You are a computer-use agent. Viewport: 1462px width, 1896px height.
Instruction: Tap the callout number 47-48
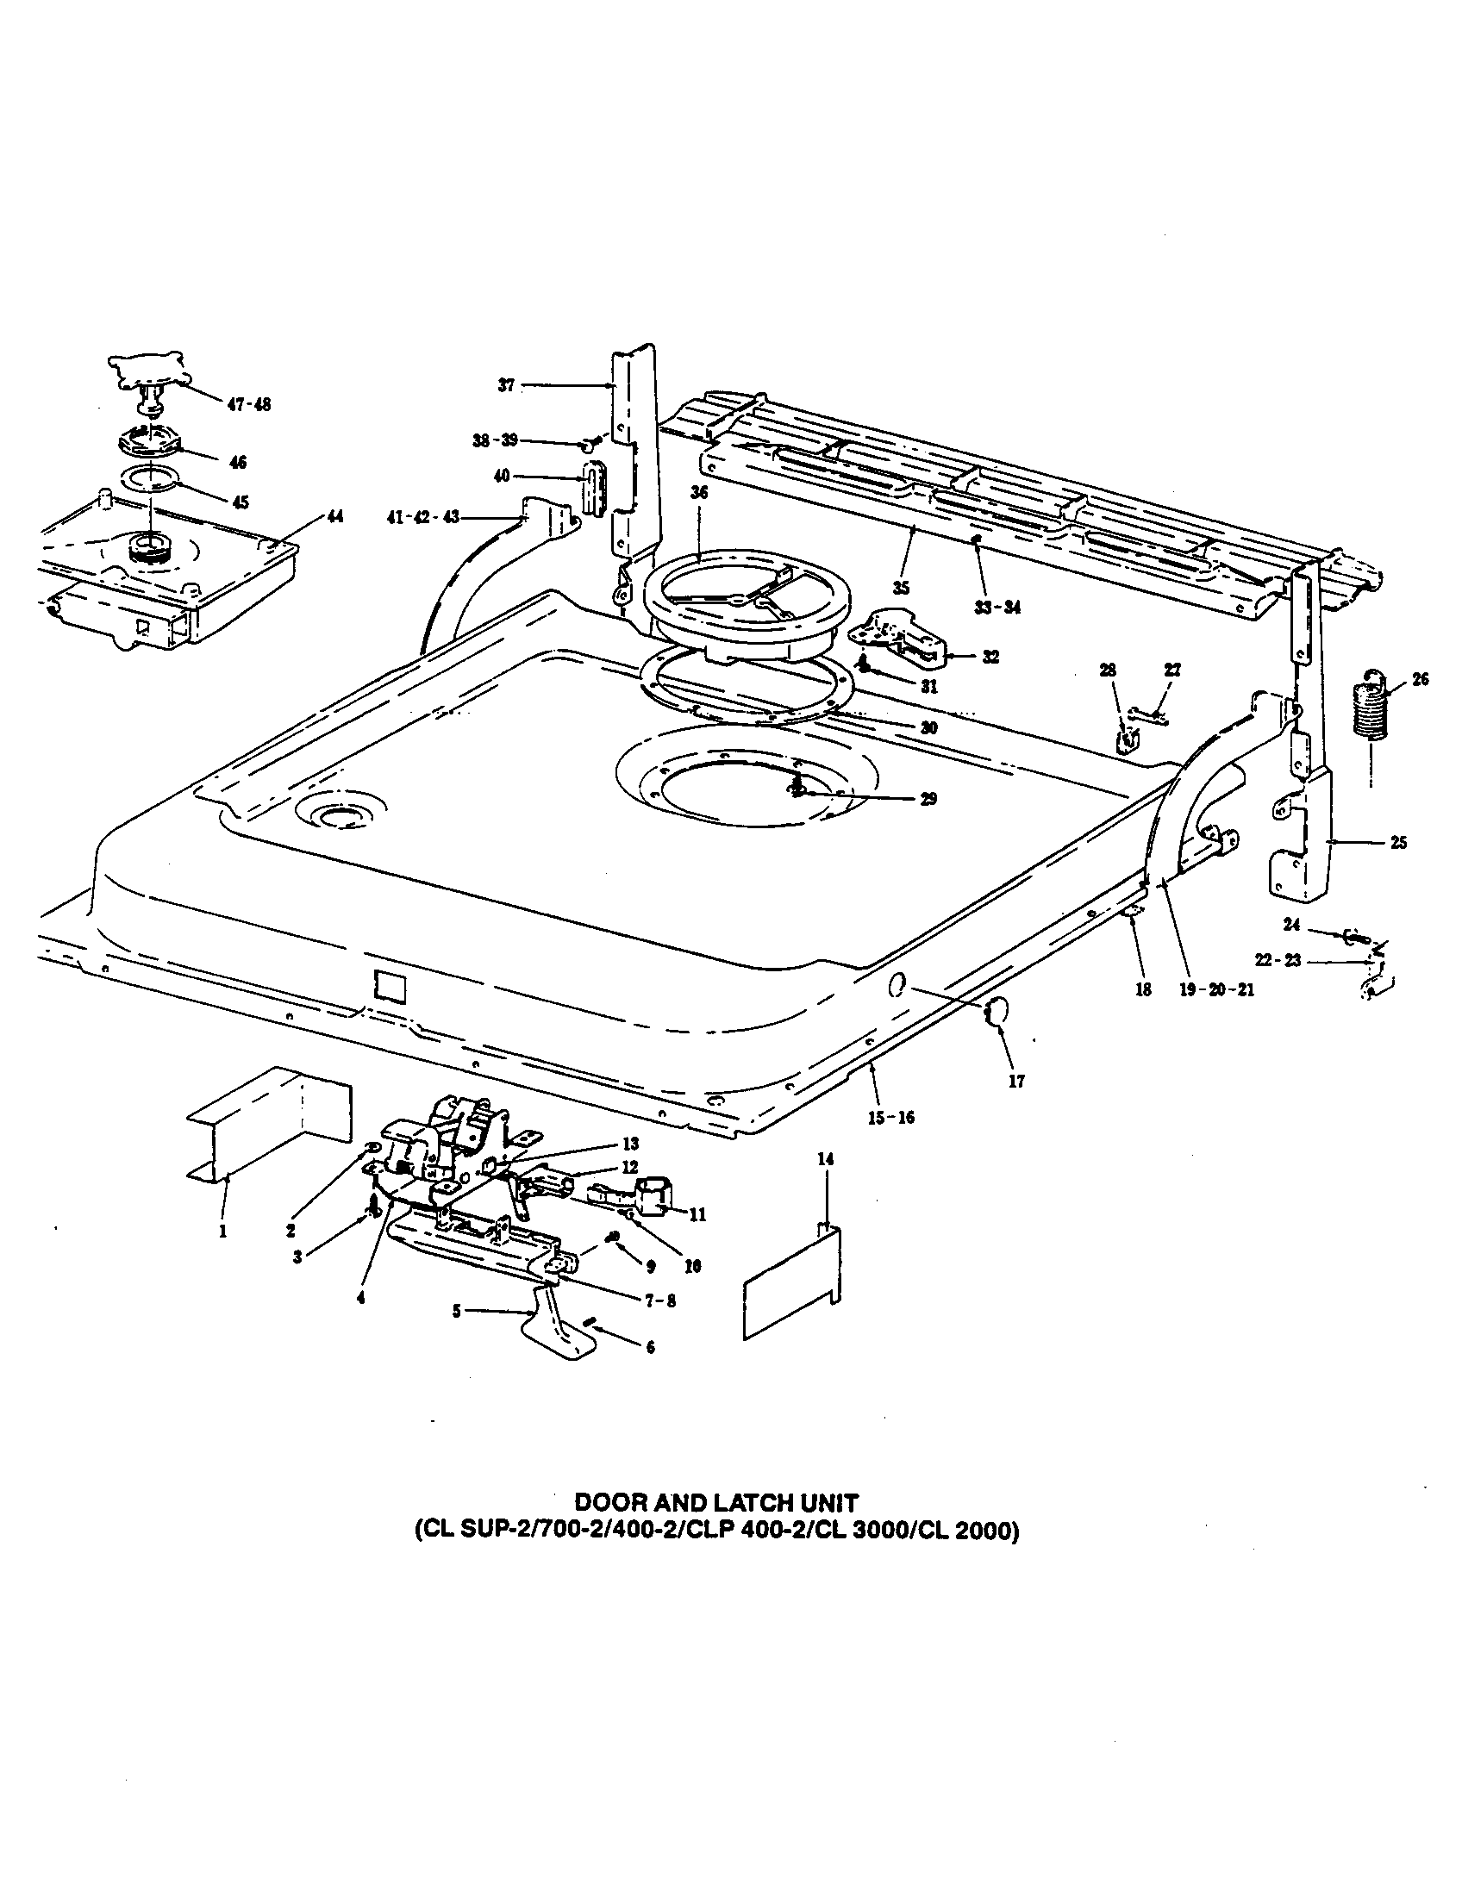248,404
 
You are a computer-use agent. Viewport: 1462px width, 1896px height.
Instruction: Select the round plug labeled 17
996,1012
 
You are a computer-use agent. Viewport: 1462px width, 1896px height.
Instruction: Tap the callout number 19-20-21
1215,989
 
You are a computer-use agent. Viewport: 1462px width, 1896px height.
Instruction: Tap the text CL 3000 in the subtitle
900,1532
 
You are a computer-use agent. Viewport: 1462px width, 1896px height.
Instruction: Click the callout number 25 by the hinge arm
1397,842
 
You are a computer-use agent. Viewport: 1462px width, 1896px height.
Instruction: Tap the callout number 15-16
890,1118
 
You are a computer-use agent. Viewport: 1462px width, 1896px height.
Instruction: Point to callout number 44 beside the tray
334,517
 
